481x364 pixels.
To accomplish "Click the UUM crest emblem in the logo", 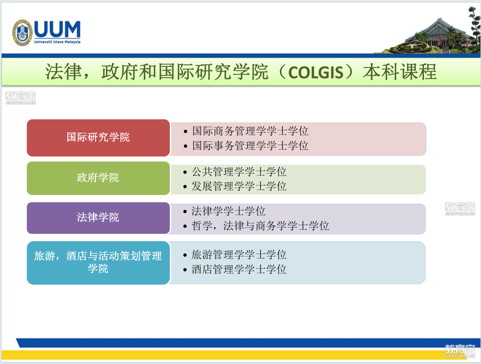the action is (x=22, y=33).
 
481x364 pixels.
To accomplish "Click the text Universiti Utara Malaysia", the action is (x=57, y=42).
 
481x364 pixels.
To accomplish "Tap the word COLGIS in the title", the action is (x=316, y=73).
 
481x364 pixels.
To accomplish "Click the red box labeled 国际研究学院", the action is (x=98, y=138).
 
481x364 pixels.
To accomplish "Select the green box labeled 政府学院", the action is (x=98, y=178).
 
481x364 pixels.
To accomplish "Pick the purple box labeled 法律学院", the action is (x=98, y=218).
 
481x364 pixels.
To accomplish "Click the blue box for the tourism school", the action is (x=98, y=263).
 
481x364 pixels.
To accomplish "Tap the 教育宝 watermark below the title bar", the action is (x=21, y=98).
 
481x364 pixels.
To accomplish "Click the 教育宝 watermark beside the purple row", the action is (x=460, y=209).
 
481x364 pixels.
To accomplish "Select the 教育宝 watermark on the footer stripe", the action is (x=460, y=351).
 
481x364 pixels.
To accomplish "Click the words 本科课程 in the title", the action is (x=400, y=72).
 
